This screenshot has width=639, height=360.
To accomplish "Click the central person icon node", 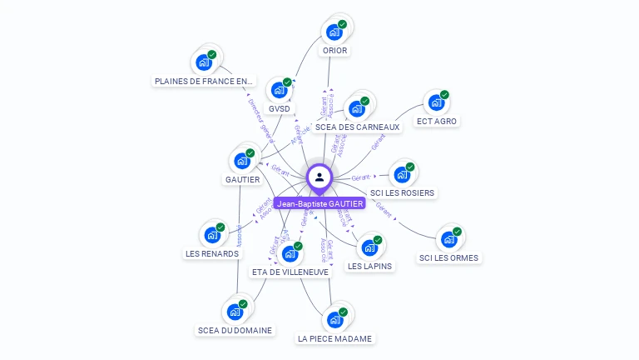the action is click(x=319, y=177).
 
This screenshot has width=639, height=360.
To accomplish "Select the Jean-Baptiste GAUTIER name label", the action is click(x=320, y=203).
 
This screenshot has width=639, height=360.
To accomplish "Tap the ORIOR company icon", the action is click(x=334, y=32).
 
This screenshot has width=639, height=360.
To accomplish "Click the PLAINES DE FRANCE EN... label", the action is click(x=204, y=81).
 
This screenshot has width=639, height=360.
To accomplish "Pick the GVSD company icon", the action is click(x=279, y=90).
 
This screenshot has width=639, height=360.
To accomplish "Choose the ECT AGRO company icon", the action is click(x=436, y=102).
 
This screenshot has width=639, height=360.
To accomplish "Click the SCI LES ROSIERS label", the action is click(x=403, y=192).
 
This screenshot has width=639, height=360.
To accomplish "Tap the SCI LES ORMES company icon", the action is click(x=448, y=239).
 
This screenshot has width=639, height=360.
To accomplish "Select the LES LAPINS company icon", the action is click(x=369, y=247).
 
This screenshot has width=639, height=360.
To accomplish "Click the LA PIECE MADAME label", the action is click(x=335, y=338).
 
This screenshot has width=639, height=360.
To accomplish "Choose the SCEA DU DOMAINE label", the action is click(x=235, y=330).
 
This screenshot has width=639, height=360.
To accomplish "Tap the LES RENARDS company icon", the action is click(x=211, y=235).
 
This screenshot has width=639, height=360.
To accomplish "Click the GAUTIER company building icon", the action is click(x=242, y=160).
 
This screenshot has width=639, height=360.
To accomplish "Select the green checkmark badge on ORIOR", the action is click(x=342, y=24).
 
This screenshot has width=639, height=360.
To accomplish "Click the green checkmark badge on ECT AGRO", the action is click(x=444, y=95).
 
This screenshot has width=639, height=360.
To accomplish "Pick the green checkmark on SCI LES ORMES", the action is click(x=457, y=232).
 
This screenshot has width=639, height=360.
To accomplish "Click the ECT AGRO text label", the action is click(x=437, y=121).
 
